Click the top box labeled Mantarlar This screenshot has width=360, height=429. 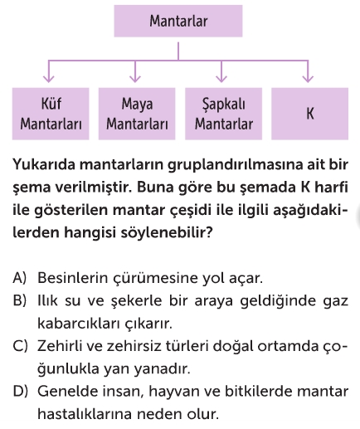[178, 21]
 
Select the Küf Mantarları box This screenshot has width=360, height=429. [51, 114]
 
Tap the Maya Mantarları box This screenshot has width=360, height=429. [137, 114]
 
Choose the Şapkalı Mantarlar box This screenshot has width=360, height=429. [223, 114]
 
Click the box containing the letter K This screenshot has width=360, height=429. [309, 114]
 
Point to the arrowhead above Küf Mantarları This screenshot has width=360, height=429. [49, 79]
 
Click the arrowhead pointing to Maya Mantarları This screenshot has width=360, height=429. [135, 79]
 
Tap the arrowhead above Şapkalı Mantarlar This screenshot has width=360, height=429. [221, 79]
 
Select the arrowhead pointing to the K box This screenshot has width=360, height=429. [308, 79]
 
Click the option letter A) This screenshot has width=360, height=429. [19, 278]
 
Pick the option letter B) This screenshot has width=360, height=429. [19, 300]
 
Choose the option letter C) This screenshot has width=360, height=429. [20, 346]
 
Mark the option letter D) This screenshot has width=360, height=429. [20, 392]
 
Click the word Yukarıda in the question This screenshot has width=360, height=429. [44, 164]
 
